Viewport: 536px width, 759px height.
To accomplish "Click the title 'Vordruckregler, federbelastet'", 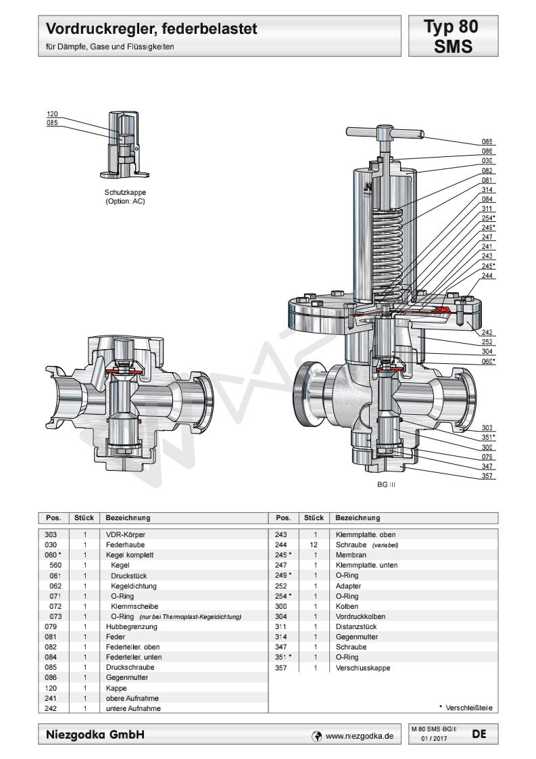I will pyautogui.click(x=152, y=30).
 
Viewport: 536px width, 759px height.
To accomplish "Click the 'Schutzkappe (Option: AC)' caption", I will pyautogui.click(x=126, y=197).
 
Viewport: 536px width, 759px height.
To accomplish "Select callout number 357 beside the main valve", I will pyautogui.click(x=487, y=476).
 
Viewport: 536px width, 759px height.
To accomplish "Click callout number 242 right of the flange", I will pyautogui.click(x=487, y=332).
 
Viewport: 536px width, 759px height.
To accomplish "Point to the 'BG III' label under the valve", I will pyautogui.click(x=386, y=486).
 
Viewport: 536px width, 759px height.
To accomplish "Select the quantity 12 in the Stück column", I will pyautogui.click(x=314, y=544).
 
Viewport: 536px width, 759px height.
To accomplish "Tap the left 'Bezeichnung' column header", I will pyautogui.click(x=128, y=518).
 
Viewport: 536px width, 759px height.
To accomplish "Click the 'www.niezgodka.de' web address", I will pyautogui.click(x=359, y=735).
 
